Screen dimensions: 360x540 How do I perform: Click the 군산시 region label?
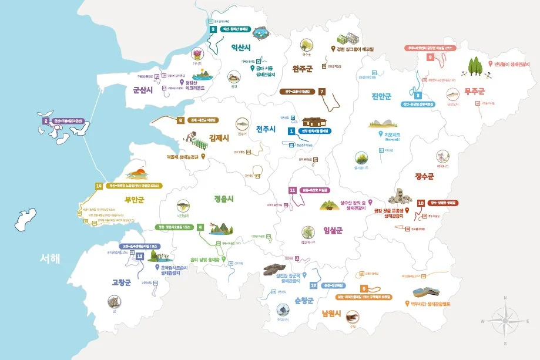(x=143, y=90)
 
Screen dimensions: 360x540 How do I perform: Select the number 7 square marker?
(x=322, y=92)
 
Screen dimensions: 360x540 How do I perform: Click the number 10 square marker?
(x=420, y=203)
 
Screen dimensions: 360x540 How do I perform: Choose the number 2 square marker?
(x=45, y=122)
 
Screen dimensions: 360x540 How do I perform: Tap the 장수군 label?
(x=424, y=176)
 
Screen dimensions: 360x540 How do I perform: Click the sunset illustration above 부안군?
(x=136, y=174)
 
